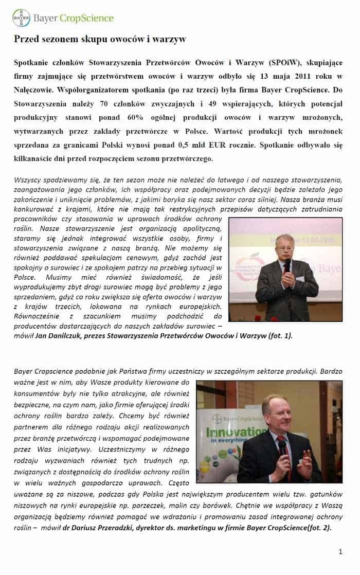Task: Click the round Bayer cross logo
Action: tap(21, 18)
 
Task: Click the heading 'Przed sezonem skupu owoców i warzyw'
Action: tap(100, 39)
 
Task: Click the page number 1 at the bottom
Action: tap(340, 552)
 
